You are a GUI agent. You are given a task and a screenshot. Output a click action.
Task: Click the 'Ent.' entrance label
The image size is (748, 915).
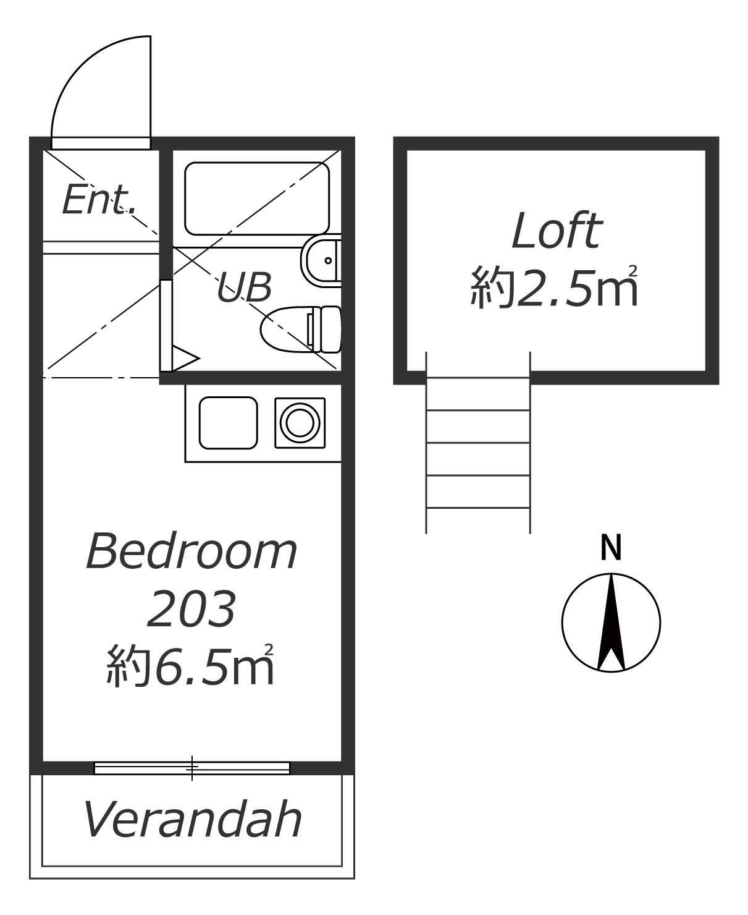tap(99, 200)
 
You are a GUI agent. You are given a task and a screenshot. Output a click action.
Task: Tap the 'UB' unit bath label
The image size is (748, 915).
tap(245, 287)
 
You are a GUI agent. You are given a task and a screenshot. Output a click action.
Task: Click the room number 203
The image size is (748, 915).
tap(192, 609)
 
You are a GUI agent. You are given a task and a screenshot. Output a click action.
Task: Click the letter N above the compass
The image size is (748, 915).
tap(611, 547)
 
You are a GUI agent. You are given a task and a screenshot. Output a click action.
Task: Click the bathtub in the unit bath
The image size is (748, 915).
tap(257, 198)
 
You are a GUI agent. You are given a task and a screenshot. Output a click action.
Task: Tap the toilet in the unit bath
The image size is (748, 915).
tap(301, 329)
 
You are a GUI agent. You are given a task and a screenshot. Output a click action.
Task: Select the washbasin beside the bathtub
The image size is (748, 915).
tap(321, 261)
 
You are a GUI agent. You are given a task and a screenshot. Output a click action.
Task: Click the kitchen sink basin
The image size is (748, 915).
tap(229, 423)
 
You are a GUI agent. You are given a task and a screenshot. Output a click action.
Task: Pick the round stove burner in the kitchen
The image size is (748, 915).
tap(300, 423)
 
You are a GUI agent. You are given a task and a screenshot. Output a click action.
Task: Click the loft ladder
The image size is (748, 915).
tap(478, 443)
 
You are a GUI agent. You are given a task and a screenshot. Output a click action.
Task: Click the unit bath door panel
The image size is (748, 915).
tap(166, 326)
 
